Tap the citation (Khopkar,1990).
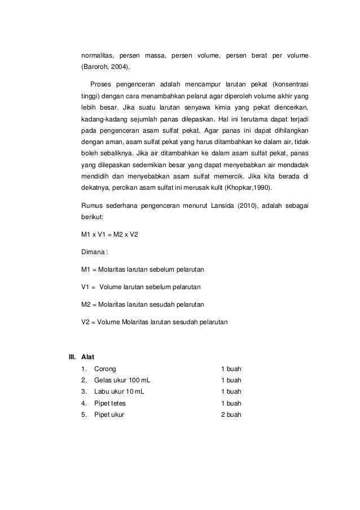pyautogui.click(x=249, y=188)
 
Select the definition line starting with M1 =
pyautogui.click(x=142, y=269)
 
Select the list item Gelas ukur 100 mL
pyautogui.click(x=122, y=380)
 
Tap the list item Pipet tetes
pyautogui.click(x=111, y=403)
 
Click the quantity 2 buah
pyautogui.click(x=231, y=415)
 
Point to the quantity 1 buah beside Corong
pyautogui.click(x=231, y=369)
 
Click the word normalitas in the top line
pyautogui.click(x=98, y=56)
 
